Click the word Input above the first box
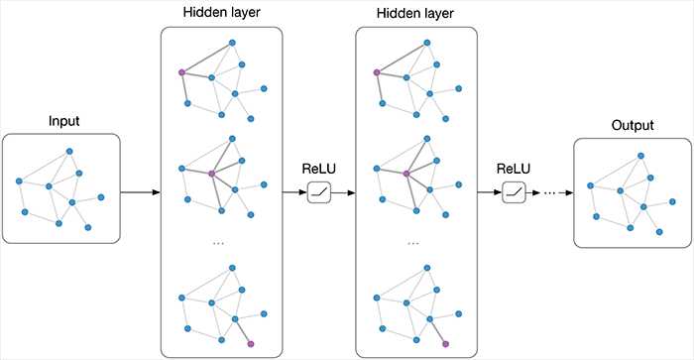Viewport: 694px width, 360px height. [64, 122]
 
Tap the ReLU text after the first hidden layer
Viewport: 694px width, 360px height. [320, 168]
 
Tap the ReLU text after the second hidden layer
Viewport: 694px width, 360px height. [514, 168]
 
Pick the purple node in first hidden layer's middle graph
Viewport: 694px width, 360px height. [211, 175]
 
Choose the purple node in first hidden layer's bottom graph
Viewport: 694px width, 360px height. [251, 343]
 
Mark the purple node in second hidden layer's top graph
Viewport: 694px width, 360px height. [376, 72]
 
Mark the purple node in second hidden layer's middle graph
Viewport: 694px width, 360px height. [405, 175]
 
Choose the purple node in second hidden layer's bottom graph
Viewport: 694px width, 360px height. [445, 343]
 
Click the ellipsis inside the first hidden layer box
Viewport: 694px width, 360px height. [220, 242]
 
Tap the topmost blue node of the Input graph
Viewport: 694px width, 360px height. [69, 151]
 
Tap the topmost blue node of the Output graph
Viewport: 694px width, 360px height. [640, 156]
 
